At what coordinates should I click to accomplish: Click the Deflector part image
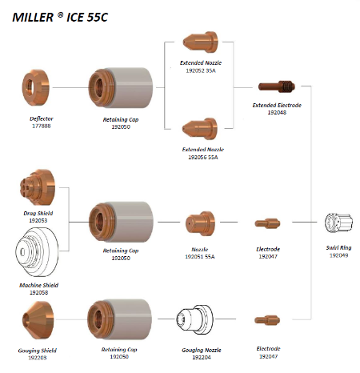pos(36,87)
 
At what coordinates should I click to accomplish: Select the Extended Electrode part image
pos(277,86)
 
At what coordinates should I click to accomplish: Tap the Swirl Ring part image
pos(338,223)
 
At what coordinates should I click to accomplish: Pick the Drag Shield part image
pos(38,187)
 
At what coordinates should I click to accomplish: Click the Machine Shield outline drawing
pos(37,252)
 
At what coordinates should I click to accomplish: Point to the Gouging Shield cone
pos(38,320)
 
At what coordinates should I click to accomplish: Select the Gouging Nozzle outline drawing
pos(194,319)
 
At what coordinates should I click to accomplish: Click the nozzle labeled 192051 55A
pos(200,223)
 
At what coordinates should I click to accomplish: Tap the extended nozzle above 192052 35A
pos(200,42)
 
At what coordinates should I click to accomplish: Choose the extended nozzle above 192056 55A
pos(200,129)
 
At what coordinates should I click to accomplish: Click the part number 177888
pos(42,126)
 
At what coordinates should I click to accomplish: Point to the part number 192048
pos(277,112)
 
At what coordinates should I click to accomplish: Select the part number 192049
pos(338,255)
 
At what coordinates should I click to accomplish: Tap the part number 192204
pos(202,357)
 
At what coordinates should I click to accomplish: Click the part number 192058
pos(38,292)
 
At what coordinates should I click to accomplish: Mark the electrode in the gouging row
pos(267,320)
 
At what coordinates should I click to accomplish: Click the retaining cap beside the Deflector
pos(121,87)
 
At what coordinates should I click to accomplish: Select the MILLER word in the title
pos(33,18)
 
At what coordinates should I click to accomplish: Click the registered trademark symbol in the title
pos(61,14)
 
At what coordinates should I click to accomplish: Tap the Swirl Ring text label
pos(338,247)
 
